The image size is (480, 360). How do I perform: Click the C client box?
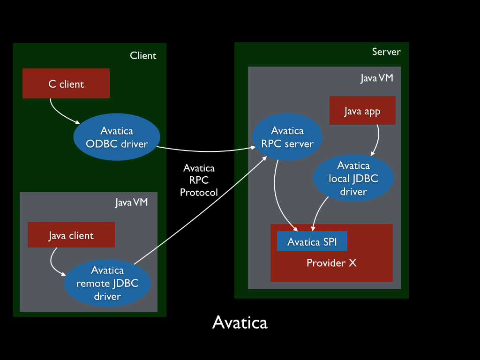66,84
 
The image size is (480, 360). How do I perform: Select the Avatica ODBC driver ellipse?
117,137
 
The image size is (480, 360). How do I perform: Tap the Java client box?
71,235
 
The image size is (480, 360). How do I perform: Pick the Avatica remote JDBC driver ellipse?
107,283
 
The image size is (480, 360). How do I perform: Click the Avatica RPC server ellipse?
287,137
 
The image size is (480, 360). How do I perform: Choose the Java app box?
362,111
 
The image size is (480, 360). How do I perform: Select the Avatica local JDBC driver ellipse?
353,178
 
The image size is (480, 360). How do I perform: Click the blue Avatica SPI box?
312,241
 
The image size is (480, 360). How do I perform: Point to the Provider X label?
331,263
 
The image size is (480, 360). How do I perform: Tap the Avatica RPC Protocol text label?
199,180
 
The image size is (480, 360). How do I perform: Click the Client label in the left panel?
143,55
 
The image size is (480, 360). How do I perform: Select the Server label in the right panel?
386,52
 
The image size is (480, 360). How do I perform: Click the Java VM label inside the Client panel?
132,202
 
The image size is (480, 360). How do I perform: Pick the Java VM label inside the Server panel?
376,78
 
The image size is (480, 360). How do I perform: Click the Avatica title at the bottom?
240,322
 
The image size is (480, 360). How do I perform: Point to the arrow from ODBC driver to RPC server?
206,151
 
